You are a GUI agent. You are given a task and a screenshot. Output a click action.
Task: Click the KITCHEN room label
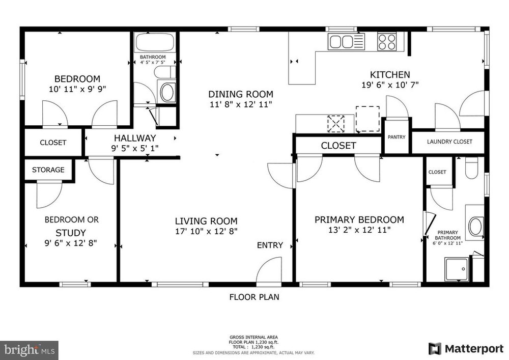pyautogui.click(x=390, y=75)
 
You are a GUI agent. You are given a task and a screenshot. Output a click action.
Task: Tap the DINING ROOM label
pyautogui.click(x=241, y=94)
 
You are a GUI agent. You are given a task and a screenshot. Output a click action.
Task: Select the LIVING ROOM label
pyautogui.click(x=206, y=221)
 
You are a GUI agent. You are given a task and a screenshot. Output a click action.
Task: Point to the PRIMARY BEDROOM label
pyautogui.click(x=359, y=220)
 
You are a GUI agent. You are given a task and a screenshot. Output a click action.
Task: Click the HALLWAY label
pyautogui.click(x=135, y=138)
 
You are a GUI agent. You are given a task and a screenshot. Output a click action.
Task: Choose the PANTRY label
pyautogui.click(x=397, y=137)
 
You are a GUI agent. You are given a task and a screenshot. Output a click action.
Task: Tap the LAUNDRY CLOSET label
pyautogui.click(x=449, y=142)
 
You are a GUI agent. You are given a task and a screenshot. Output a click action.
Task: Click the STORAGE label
pyautogui.click(x=48, y=170)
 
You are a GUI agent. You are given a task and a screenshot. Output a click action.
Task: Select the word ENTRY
pyautogui.click(x=270, y=245)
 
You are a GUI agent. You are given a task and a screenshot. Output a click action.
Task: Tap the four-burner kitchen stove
pyautogui.click(x=387, y=42)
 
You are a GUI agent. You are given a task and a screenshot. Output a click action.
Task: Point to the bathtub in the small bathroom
pyautogui.click(x=155, y=42)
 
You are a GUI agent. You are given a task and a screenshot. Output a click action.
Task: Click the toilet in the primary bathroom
pyautogui.click(x=471, y=168)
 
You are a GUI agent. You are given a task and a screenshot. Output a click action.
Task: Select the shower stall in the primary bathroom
pyautogui.click(x=457, y=269)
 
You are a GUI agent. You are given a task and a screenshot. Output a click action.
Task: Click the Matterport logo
pyautogui.click(x=466, y=349)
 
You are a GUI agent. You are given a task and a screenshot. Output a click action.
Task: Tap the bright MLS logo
pyautogui.click(x=29, y=350)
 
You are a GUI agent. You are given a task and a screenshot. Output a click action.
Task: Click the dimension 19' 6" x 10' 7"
pyautogui.click(x=390, y=85)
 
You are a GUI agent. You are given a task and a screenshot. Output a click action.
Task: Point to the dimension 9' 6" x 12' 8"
pyautogui.click(x=71, y=243)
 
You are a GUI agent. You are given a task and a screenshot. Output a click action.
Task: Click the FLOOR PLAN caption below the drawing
pyautogui.click(x=254, y=297)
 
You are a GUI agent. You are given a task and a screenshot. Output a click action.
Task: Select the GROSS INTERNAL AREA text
pyautogui.click(x=253, y=337)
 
